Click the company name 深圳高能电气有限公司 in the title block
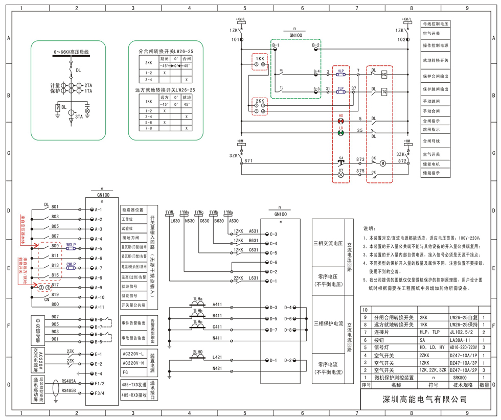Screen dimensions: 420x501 pyautogui.click(x=425, y=399)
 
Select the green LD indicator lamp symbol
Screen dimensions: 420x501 pyautogui.click(x=341, y=133)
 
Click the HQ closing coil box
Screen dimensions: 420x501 pyautogui.click(x=384, y=75)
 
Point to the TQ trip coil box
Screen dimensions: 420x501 pyautogui.click(x=384, y=91)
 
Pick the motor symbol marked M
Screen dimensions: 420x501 pyautogui.click(x=382, y=164)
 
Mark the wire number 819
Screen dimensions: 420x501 pyautogui.click(x=55, y=295)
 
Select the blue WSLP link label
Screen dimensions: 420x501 pyautogui.click(x=71, y=245)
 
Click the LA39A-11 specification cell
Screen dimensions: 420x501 pyautogui.click(x=460, y=339)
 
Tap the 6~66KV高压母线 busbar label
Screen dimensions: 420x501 pyautogui.click(x=72, y=52)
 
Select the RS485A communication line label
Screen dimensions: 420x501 pyautogui.click(x=69, y=381)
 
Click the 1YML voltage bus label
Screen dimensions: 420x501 pyautogui.click(x=170, y=212)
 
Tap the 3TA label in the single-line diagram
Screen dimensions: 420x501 pyautogui.click(x=79, y=117)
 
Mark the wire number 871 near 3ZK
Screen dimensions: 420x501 pyautogui.click(x=248, y=161)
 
